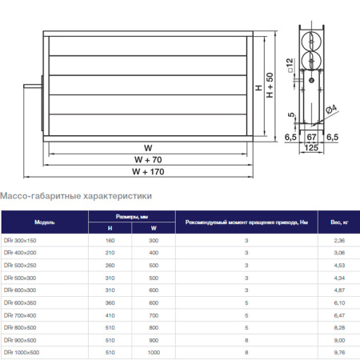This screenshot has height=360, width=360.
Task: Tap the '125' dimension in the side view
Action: pyautogui.click(x=314, y=147)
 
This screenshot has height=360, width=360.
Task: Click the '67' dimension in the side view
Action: pyautogui.click(x=313, y=137)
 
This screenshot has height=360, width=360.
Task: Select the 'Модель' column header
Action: pyautogui.click(x=45, y=222)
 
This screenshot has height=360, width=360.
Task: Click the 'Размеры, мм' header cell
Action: pyautogui.click(x=132, y=216)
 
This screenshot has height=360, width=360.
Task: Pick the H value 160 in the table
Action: pyautogui.click(x=110, y=241)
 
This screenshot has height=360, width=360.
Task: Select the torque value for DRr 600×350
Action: pyautogui.click(x=247, y=302)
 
